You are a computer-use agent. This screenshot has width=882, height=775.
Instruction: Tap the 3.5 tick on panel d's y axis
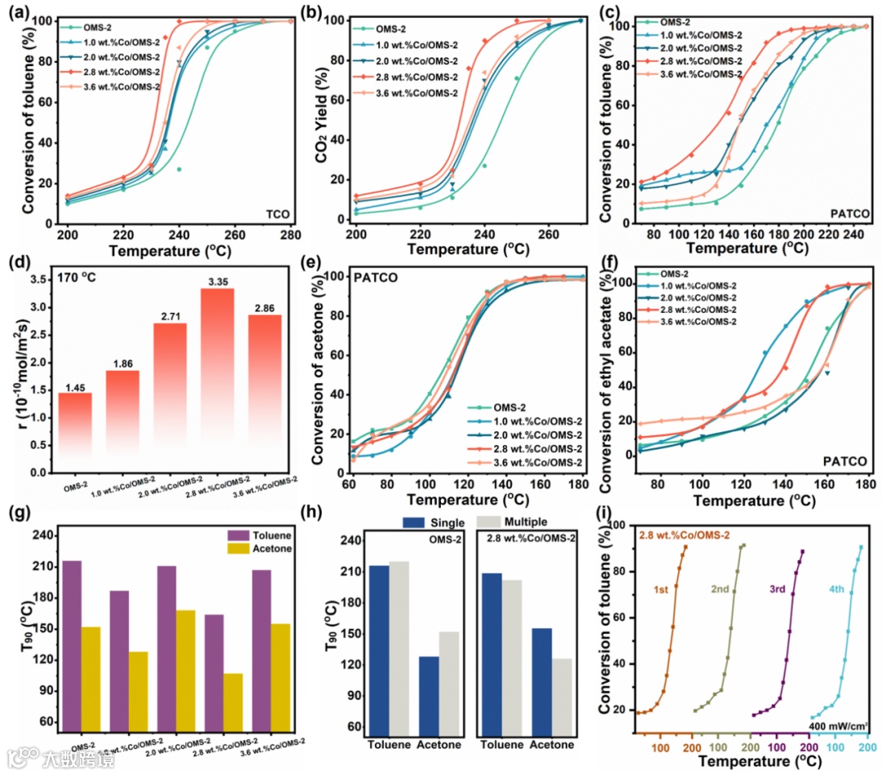pyautogui.click(x=35, y=279)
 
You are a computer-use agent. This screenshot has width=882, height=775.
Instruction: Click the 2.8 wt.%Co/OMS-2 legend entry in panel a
pyautogui.click(x=119, y=72)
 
